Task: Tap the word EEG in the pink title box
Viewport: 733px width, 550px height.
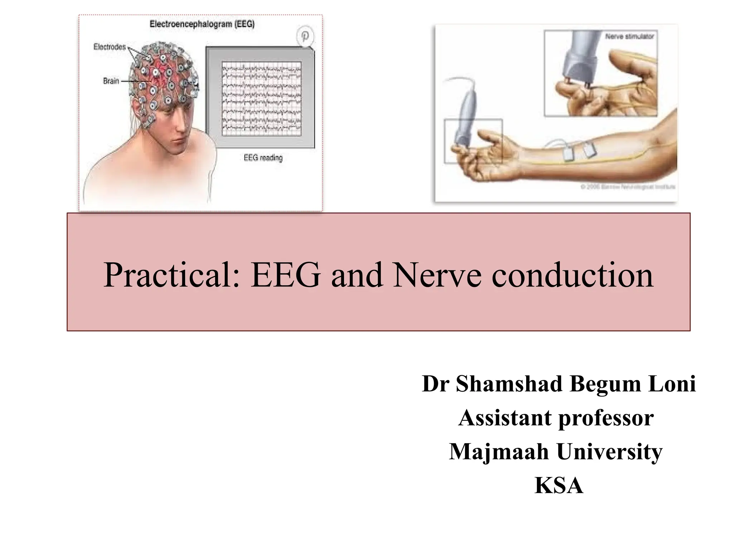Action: (285, 275)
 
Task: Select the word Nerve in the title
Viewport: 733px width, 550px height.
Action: (437, 275)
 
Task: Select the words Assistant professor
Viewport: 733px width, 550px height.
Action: (556, 418)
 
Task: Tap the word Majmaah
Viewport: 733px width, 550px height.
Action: (499, 452)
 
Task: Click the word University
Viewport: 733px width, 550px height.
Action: (610, 452)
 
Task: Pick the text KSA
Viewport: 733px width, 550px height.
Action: (559, 486)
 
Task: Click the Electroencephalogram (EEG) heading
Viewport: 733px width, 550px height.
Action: (202, 24)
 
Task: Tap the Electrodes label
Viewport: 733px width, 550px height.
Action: (110, 47)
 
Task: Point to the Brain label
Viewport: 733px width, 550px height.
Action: (111, 81)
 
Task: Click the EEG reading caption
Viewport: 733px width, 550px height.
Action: (263, 158)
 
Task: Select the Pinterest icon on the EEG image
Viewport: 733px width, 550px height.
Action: (305, 37)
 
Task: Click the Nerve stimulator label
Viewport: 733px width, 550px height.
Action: (630, 36)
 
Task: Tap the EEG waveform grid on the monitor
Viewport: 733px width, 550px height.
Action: (262, 98)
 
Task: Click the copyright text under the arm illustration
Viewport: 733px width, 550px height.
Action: (627, 187)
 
